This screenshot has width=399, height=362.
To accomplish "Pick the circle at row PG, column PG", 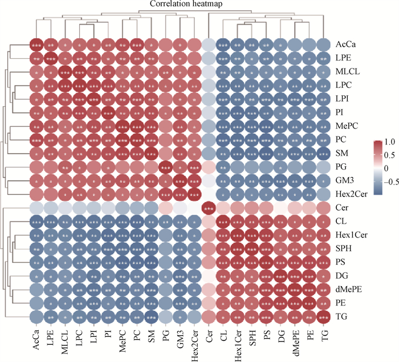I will click(x=166, y=166).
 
